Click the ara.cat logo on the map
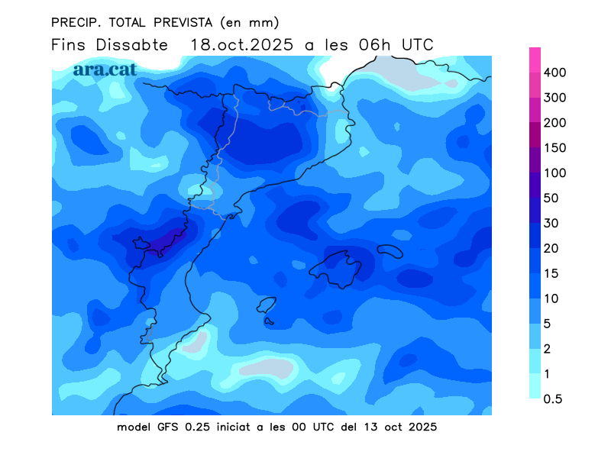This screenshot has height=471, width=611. (105, 69)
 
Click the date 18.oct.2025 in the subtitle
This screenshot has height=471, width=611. (241, 44)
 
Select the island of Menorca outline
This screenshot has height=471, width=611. (390, 251)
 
